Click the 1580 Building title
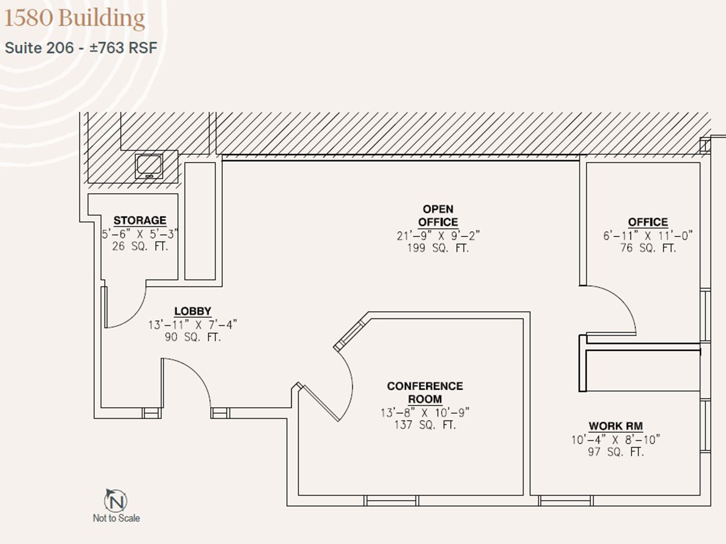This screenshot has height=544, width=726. coord(74,19)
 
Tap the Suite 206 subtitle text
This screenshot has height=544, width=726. coord(81,48)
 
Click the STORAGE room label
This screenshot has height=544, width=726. coord(140,220)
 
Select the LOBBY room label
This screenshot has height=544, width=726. coord(193,311)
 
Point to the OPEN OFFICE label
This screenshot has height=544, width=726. coord(438,215)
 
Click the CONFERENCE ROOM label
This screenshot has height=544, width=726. coord(425,393)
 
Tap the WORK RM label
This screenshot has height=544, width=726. coord(616,426)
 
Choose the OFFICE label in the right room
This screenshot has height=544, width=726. coord(648,222)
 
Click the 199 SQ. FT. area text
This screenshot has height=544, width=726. coord(438,248)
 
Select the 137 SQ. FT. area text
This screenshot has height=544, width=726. coord(425,424)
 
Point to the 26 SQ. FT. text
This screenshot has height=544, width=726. coord(140,247)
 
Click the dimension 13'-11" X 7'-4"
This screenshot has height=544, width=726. coord(193,325)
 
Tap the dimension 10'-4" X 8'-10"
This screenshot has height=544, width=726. coord(616,440)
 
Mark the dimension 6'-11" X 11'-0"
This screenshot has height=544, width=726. coord(648,236)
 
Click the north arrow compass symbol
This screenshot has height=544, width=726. coord(115,500)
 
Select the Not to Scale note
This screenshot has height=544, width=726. coord(117,518)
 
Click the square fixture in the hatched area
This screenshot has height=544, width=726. coord(149,166)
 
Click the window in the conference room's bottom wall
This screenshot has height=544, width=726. coord(391,500)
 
